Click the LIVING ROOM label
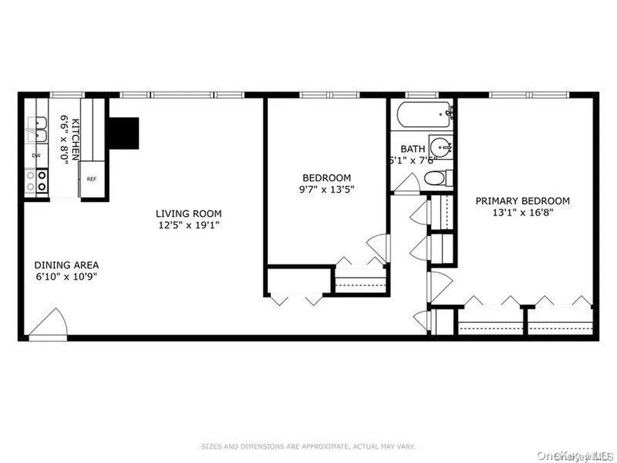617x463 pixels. pyautogui.click(x=189, y=213)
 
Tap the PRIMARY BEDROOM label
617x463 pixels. pyautogui.click(x=522, y=201)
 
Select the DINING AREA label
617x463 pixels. pyautogui.click(x=66, y=265)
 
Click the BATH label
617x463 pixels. pyautogui.click(x=413, y=149)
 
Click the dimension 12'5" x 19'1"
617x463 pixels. pyautogui.click(x=189, y=225)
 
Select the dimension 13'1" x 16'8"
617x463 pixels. pyautogui.click(x=522, y=212)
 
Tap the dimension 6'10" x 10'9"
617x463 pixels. pyautogui.click(x=66, y=277)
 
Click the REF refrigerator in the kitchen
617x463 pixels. pyautogui.click(x=92, y=179)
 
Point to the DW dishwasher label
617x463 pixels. pyautogui.click(x=36, y=156)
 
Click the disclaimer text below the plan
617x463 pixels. pyautogui.click(x=308, y=447)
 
